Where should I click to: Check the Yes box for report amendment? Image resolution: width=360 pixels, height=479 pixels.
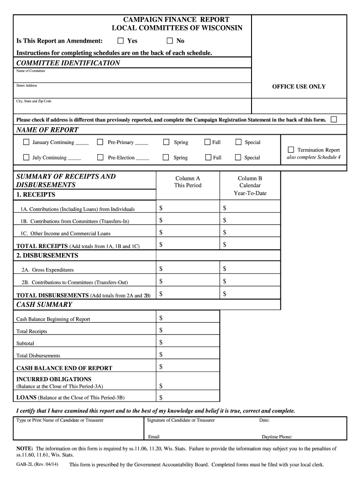[x=121, y=41]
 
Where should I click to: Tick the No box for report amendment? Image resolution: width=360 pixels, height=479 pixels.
[x=170, y=41]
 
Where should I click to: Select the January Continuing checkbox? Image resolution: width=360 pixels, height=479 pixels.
[x=26, y=142]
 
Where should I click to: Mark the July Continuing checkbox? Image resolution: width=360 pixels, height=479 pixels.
[x=26, y=158]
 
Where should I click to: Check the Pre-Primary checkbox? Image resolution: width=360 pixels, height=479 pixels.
[x=100, y=142]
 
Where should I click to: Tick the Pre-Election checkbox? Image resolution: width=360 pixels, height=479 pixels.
[x=100, y=158]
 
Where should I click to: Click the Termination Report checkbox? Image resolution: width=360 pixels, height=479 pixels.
[x=291, y=150]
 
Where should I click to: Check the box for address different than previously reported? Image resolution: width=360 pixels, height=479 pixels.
[x=333, y=120]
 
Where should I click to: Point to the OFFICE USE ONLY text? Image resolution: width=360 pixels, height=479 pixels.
[x=299, y=87]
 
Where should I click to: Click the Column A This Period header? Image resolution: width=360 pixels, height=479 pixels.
[x=187, y=181]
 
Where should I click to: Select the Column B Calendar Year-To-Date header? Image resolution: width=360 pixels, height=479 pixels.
[x=250, y=185]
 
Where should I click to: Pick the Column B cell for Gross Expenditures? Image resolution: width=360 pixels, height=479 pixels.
[x=250, y=269]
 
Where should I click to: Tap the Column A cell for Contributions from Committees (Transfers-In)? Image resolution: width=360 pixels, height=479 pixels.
[x=187, y=220]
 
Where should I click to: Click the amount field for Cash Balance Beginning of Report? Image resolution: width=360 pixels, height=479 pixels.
[x=187, y=318]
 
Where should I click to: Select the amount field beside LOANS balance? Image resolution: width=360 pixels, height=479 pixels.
[x=187, y=398]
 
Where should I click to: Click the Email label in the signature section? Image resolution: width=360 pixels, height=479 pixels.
[x=154, y=437]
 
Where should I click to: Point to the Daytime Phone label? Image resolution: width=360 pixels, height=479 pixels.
[x=277, y=437]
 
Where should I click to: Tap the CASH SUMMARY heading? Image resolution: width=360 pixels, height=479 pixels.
[x=44, y=305]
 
